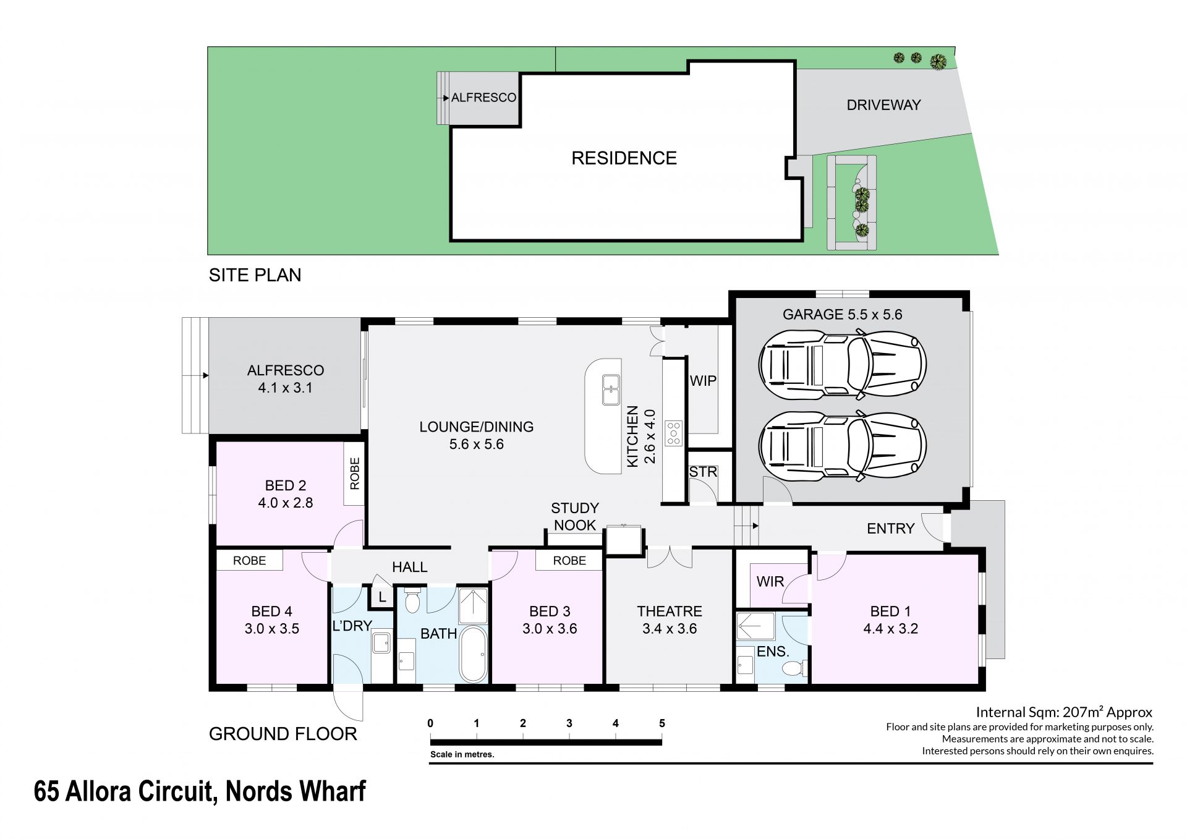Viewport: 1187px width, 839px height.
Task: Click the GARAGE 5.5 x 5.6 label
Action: click(842, 315)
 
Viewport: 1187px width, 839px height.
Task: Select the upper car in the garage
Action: click(842, 364)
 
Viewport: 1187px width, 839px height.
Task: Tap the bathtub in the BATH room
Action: click(474, 654)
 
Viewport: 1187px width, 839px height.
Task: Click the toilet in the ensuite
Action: click(794, 668)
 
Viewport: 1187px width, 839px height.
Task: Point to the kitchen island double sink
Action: click(611, 390)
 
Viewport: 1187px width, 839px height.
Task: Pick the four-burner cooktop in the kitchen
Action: click(673, 433)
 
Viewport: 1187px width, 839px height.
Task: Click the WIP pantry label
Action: click(703, 381)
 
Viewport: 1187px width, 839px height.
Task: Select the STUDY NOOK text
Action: click(575, 517)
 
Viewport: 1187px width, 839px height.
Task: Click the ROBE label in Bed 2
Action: click(354, 474)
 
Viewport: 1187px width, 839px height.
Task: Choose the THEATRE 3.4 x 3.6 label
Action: click(670, 620)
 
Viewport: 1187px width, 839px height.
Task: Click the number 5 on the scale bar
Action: click(662, 723)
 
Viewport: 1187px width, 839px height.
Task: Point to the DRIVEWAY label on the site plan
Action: click(883, 105)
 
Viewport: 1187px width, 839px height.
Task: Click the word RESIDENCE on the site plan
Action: click(624, 158)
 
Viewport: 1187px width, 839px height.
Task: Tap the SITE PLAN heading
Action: click(255, 275)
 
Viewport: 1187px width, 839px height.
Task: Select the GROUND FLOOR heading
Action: click(283, 734)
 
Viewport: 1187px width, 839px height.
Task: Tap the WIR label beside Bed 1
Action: click(770, 581)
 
